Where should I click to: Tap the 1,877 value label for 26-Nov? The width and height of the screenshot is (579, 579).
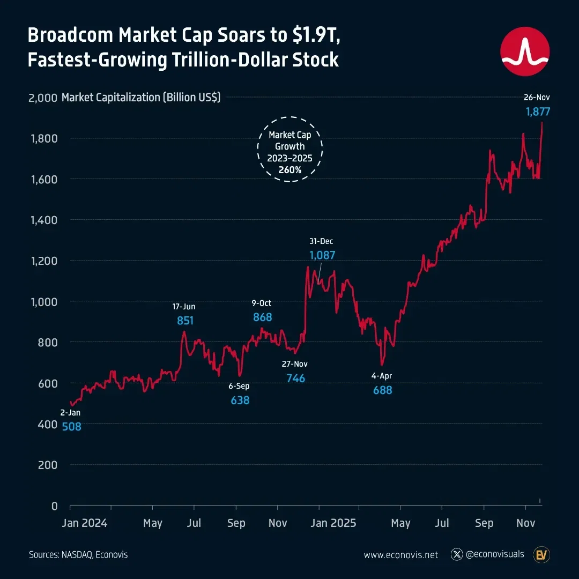pyautogui.click(x=537, y=112)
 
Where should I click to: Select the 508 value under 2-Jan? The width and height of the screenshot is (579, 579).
pyautogui.click(x=71, y=427)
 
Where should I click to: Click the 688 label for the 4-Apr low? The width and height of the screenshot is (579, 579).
pyautogui.click(x=382, y=390)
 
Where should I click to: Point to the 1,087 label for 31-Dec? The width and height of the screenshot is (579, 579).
pyautogui.click(x=322, y=255)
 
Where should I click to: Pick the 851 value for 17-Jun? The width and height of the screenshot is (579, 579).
pyautogui.click(x=185, y=321)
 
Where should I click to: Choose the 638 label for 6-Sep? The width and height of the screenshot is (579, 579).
pyautogui.click(x=240, y=400)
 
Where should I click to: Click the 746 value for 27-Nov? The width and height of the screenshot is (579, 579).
pyautogui.click(x=295, y=378)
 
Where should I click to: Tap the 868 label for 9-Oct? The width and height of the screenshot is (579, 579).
pyautogui.click(x=262, y=317)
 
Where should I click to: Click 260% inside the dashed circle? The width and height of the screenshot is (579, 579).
pyautogui.click(x=290, y=170)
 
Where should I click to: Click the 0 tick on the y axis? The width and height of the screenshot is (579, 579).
pyautogui.click(x=54, y=506)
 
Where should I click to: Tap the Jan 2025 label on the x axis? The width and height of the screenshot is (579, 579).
pyautogui.click(x=333, y=523)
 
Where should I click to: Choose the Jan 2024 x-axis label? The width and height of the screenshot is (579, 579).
pyautogui.click(x=85, y=523)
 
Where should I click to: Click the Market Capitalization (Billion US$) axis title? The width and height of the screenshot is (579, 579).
pyautogui.click(x=141, y=98)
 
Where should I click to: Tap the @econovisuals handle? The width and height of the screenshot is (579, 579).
pyautogui.click(x=495, y=554)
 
